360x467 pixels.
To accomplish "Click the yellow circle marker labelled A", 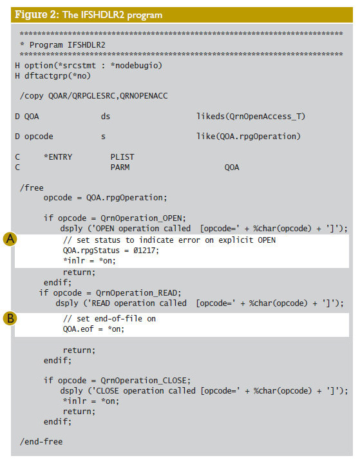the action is pyautogui.click(x=10, y=239).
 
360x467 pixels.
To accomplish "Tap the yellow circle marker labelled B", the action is pyautogui.click(x=10, y=318).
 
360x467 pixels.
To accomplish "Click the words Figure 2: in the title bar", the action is pyautogui.click(x=37, y=15).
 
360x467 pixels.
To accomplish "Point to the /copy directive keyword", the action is pyautogui.click(x=32, y=96).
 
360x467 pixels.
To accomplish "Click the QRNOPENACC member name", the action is pyautogui.click(x=144, y=96).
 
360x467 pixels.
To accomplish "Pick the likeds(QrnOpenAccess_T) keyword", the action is pyautogui.click(x=251, y=116).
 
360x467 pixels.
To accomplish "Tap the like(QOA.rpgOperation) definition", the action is pyautogui.click(x=249, y=137).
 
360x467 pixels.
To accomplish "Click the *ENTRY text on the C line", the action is pyautogui.click(x=58, y=157).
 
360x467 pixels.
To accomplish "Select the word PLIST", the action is pyautogui.click(x=122, y=157).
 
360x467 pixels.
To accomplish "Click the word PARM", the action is pyautogui.click(x=120, y=167).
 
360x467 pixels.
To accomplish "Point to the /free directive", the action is pyautogui.click(x=32, y=187).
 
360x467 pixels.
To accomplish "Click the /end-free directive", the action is pyautogui.click(x=41, y=441).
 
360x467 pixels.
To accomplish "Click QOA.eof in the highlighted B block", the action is pyautogui.click(x=78, y=329).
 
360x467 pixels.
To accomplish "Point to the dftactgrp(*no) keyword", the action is pyautogui.click(x=57, y=76).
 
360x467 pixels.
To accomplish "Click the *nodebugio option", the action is pyautogui.click(x=136, y=66).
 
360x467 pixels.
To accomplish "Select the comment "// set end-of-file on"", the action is pyautogui.click(x=109, y=319).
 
